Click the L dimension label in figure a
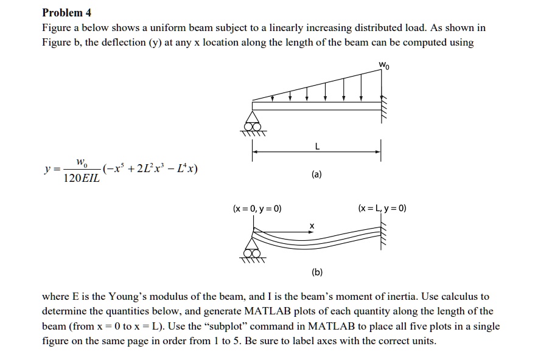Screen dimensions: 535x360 pyautogui.click(x=316, y=147)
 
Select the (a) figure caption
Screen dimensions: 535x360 pyautogui.click(x=316, y=175)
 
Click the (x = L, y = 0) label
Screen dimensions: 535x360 pyautogui.click(x=383, y=209)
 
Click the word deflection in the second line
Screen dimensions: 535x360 pyautogui.click(x=127, y=43)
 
